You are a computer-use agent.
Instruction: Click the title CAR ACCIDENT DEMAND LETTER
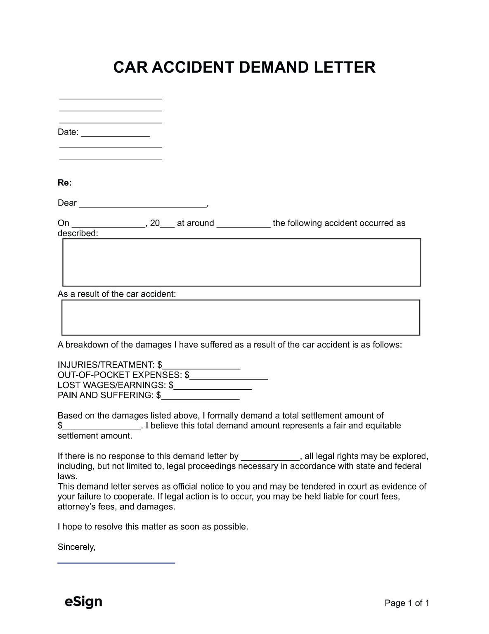[244, 67]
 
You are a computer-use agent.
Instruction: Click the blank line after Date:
[115, 133]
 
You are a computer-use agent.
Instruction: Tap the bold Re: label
[65, 183]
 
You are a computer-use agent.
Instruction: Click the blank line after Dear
[143, 203]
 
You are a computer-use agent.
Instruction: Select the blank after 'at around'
[243, 224]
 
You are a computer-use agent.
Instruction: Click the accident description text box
[241, 262]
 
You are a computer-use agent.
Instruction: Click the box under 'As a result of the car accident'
[241, 317]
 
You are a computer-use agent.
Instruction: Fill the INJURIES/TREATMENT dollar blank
[201, 366]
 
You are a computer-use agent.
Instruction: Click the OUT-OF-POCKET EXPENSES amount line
[229, 376]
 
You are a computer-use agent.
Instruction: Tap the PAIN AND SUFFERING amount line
[201, 396]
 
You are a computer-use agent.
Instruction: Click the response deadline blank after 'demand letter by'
[270, 457]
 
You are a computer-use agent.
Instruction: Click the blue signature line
[116, 563]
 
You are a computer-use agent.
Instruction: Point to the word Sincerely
[76, 547]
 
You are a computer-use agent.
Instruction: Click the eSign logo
[83, 602]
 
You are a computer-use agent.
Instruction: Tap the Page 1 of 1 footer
[407, 603]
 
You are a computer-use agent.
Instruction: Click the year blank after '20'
[168, 224]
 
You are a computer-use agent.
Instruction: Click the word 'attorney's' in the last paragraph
[77, 506]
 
